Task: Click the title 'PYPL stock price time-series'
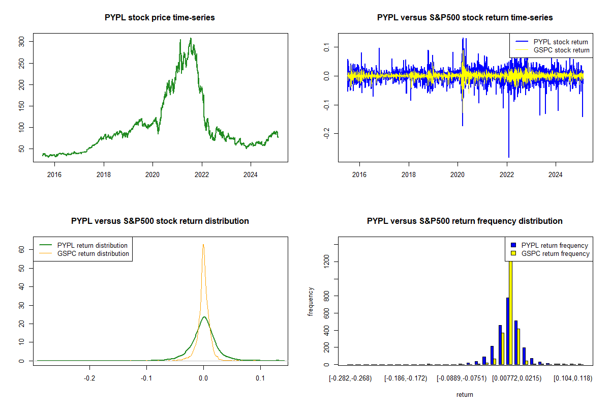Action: tap(160, 18)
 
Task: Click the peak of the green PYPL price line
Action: tap(191, 39)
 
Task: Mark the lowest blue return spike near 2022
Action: tap(508, 157)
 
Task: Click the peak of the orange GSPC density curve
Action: tap(203, 245)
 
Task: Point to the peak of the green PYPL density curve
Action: tap(204, 317)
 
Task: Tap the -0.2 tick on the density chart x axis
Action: tap(89, 378)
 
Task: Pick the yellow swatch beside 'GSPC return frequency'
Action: tap(513, 253)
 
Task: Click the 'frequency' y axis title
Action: tap(311, 301)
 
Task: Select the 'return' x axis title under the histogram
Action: tap(465, 394)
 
